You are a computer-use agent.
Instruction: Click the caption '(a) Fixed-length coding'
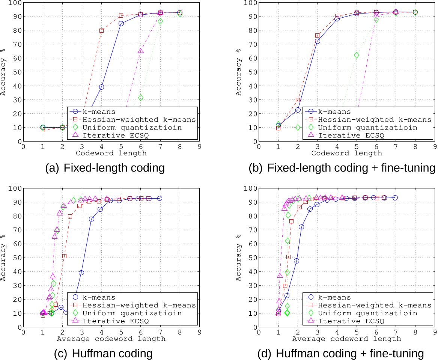(x=105, y=168)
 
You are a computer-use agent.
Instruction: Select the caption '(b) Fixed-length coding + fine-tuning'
(x=342, y=168)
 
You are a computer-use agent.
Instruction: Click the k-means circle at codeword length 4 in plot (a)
(x=101, y=87)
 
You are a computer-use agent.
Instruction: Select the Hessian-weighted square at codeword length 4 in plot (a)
(x=101, y=31)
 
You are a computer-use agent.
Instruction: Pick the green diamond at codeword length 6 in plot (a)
(x=141, y=98)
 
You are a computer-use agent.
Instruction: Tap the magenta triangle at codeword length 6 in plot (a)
(x=141, y=51)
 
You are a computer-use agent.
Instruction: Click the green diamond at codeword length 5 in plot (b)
(x=357, y=55)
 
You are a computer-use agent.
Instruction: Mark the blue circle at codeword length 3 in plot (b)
(x=318, y=41)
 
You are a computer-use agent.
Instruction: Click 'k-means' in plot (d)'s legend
(x=334, y=297)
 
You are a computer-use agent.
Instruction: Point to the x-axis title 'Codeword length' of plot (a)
(x=111, y=153)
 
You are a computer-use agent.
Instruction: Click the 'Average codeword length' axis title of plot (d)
(x=346, y=339)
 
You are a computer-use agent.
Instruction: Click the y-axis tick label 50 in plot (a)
(x=17, y=72)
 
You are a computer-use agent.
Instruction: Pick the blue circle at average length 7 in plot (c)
(x=160, y=198)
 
